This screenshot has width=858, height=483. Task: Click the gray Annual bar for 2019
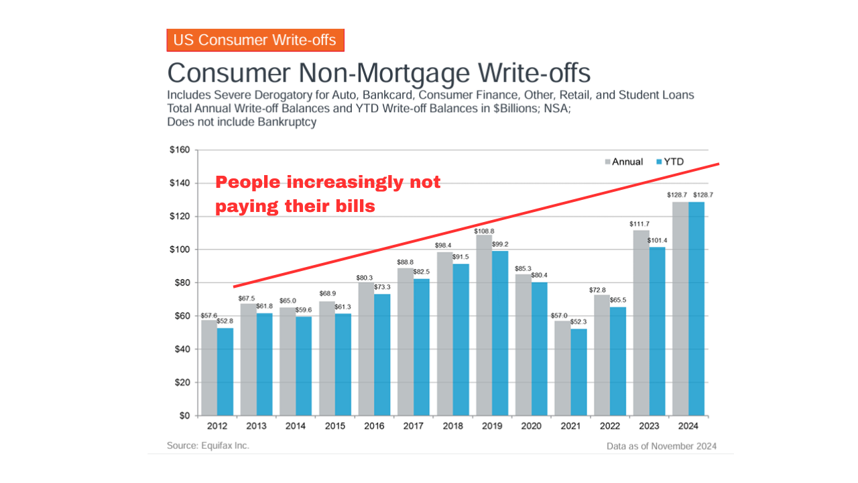(x=483, y=325)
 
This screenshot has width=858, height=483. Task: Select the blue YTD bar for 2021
(x=578, y=372)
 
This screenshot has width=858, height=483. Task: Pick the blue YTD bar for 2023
(x=657, y=331)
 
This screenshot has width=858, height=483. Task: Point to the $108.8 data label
(x=483, y=229)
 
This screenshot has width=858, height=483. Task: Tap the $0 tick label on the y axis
(x=184, y=416)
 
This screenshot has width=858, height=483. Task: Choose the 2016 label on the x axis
(x=373, y=427)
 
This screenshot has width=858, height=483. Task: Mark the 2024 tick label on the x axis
(x=687, y=427)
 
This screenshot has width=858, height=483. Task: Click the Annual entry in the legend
(x=627, y=162)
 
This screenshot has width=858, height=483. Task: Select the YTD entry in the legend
(x=674, y=162)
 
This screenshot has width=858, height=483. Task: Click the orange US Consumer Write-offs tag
(x=255, y=40)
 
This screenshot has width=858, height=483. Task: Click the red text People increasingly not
(x=328, y=182)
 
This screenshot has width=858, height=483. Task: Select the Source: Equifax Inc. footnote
(x=208, y=445)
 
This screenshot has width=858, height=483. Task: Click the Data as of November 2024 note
(x=661, y=446)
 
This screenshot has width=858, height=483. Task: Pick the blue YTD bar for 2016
(x=381, y=355)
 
